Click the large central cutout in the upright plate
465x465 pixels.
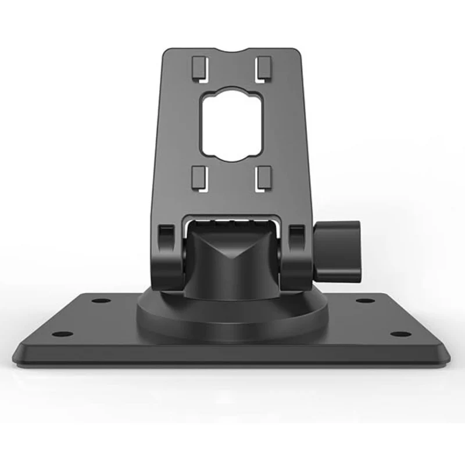(x=232, y=125)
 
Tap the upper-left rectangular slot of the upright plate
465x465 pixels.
(x=198, y=68)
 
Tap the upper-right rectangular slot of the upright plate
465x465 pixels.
(x=265, y=68)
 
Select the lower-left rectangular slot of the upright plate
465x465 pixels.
(x=198, y=178)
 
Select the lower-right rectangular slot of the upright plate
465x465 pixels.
(x=265, y=178)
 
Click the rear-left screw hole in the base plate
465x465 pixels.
(x=101, y=301)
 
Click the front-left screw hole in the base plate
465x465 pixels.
(x=63, y=334)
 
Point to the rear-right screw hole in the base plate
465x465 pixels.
(x=364, y=301)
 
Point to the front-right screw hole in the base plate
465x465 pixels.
(x=400, y=334)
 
